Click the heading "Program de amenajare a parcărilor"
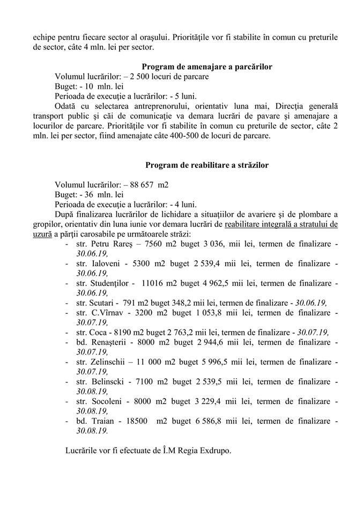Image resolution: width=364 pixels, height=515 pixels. pos(206,67)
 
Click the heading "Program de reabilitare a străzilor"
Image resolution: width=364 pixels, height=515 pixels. pos(206,165)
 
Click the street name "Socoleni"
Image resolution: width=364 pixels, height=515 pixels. pos(107,401)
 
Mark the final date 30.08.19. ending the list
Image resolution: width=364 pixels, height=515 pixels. pos(92,430)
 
